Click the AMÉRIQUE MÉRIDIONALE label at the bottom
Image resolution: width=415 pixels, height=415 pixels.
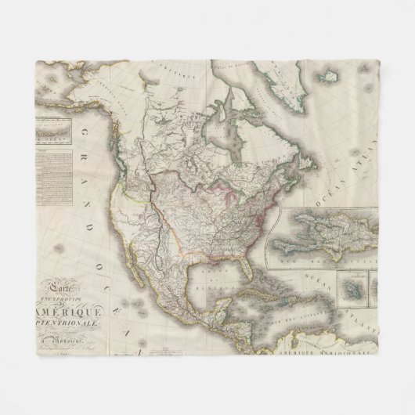(x=313, y=355)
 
